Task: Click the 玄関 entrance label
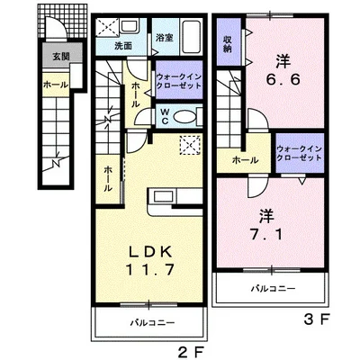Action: point(61,56)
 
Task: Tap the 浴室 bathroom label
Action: point(165,38)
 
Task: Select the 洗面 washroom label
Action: point(123,46)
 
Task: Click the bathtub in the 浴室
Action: point(192,37)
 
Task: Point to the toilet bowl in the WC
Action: point(184,116)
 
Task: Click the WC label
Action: point(165,116)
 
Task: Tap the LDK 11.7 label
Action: point(149,260)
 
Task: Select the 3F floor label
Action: point(317,320)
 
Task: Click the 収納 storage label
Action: point(228,44)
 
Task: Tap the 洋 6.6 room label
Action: point(283,71)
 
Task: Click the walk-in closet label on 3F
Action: point(300,153)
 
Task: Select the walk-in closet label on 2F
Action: point(179,81)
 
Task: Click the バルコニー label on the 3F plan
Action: point(274,289)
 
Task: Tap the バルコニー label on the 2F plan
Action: point(152,323)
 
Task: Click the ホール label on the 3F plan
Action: point(246,160)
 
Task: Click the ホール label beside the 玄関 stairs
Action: point(56,85)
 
